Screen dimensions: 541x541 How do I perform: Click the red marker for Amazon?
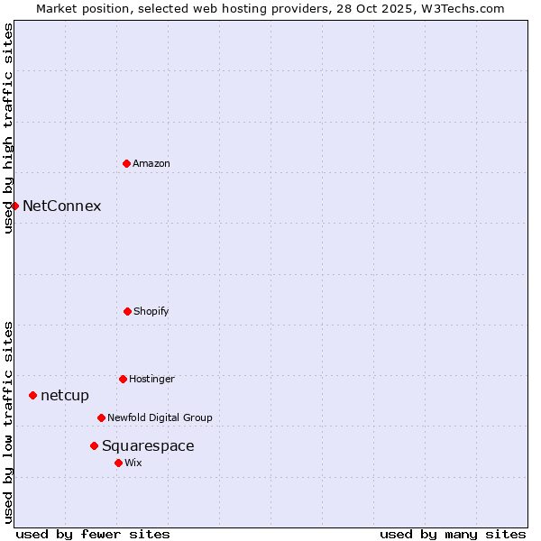126,163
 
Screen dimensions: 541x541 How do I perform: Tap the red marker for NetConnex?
14,206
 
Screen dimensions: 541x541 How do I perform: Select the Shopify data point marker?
127,311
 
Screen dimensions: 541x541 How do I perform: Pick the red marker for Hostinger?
123,379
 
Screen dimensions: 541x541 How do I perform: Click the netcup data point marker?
32,395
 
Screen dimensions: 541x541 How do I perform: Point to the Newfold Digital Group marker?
101,417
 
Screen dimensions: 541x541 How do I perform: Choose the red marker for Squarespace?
94,445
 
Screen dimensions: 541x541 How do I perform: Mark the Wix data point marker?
118,463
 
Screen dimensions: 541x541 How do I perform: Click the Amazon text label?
151,163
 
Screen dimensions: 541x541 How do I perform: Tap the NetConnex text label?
61,206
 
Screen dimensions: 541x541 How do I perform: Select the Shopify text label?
151,311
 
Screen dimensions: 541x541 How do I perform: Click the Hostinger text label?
151,379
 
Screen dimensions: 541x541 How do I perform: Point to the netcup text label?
65,395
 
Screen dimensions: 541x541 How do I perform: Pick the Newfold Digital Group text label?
160,417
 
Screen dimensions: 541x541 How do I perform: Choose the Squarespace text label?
148,445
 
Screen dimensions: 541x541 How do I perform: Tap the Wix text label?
133,463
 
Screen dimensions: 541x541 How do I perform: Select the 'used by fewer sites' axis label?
93,534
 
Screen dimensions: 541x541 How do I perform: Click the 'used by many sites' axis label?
453,534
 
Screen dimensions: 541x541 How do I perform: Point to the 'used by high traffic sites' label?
8,129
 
